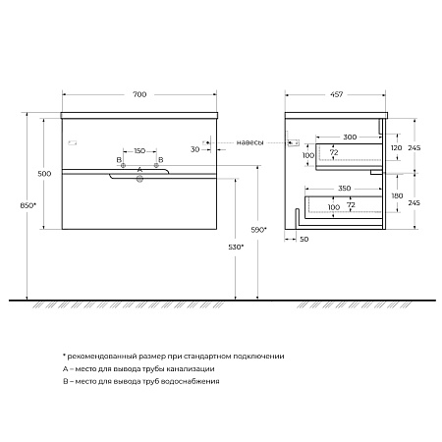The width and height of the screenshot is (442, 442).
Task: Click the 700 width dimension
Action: pyautogui.click(x=139, y=94)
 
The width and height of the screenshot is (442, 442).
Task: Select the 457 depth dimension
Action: pyautogui.click(x=336, y=94)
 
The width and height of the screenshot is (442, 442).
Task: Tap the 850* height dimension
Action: pyautogui.click(x=28, y=205)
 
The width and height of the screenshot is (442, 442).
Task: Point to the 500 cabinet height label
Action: pyautogui.click(x=44, y=174)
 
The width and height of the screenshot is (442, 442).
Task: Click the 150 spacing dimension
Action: pyautogui.click(x=139, y=151)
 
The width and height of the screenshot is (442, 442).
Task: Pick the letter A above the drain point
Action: pyautogui.click(x=139, y=170)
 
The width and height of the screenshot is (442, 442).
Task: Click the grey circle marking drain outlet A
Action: pyautogui.click(x=139, y=179)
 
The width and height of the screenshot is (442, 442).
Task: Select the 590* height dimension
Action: pyautogui.click(x=258, y=230)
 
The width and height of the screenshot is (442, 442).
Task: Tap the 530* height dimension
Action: pyautogui.click(x=236, y=248)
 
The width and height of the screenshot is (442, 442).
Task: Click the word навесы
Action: pyautogui.click(x=249, y=142)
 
